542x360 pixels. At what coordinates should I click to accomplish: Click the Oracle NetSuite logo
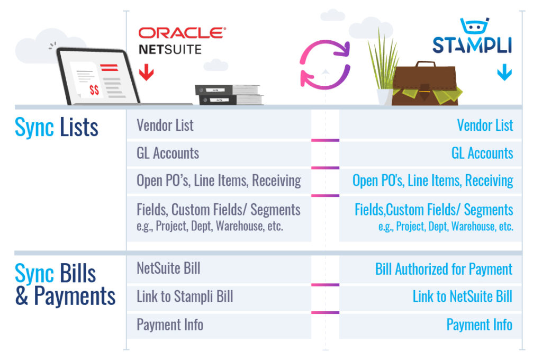point(182,41)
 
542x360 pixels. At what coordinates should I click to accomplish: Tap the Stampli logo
point(472,36)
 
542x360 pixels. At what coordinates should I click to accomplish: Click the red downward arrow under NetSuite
point(147,72)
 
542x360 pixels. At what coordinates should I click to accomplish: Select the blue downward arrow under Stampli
point(504,72)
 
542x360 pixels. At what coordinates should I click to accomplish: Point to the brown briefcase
point(424,84)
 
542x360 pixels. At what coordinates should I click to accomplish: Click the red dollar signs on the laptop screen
point(94,90)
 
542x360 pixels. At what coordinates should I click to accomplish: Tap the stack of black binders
point(229,94)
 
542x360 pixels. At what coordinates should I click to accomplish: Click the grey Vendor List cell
point(219,125)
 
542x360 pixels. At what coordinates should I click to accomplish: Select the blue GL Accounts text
point(482,153)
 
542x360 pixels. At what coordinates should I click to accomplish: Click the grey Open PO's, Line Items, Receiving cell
point(219,181)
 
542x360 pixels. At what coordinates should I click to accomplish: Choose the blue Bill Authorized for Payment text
point(444,269)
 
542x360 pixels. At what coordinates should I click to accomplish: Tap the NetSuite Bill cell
point(219,269)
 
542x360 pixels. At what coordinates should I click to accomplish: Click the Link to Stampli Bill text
point(185,296)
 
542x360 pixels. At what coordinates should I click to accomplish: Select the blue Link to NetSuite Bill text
point(463,296)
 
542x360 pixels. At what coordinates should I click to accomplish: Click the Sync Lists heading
point(56,128)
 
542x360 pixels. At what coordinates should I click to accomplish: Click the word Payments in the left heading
point(75,296)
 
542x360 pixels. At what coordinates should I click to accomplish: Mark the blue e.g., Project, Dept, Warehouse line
point(446,226)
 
